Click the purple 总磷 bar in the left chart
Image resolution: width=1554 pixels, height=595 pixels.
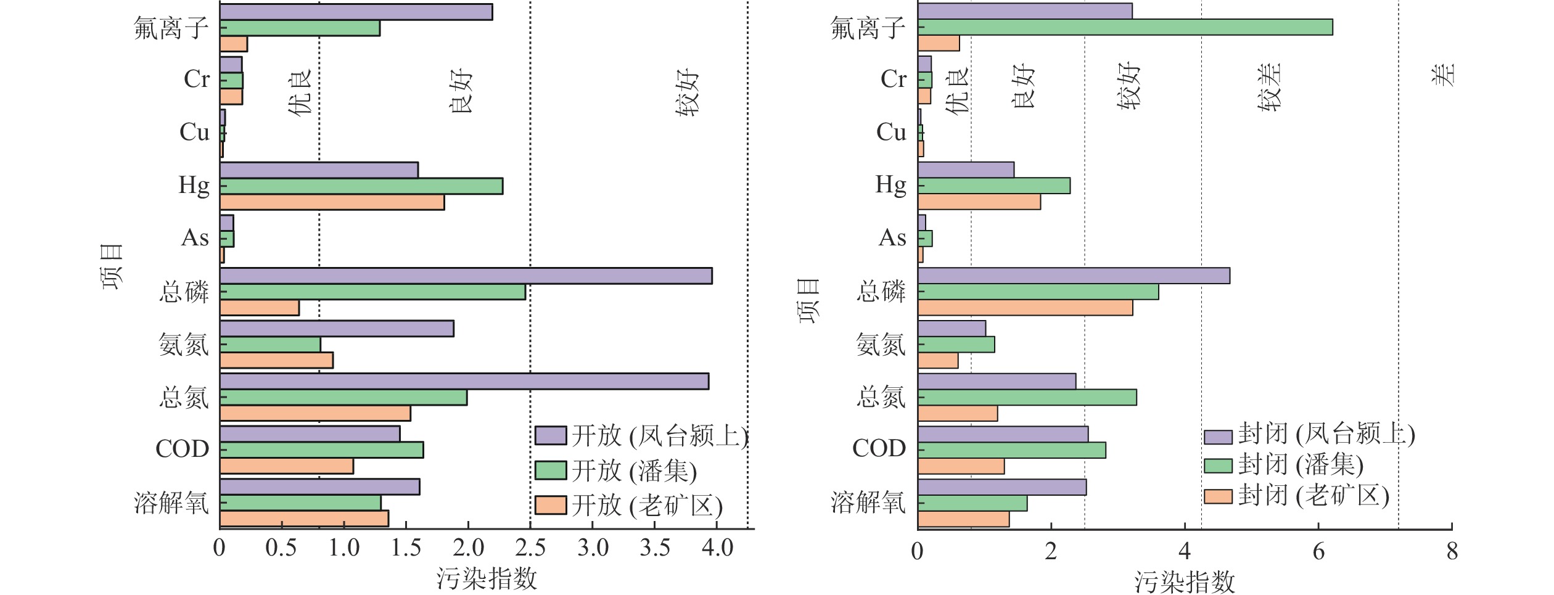click(x=466, y=276)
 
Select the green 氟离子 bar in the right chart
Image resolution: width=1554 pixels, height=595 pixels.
click(x=1125, y=27)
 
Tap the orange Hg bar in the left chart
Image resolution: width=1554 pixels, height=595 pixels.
click(x=332, y=202)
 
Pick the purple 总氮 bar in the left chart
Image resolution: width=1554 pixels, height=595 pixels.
click(x=464, y=381)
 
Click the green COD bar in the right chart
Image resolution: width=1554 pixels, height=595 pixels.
click(x=1011, y=450)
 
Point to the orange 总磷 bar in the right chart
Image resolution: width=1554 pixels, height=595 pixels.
click(x=1025, y=307)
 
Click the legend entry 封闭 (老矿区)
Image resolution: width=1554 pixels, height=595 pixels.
click(x=1313, y=496)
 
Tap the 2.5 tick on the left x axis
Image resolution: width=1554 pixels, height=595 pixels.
click(x=530, y=548)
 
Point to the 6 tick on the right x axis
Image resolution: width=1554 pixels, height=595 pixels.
click(x=1318, y=551)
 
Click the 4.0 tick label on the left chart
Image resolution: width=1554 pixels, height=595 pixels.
click(x=717, y=548)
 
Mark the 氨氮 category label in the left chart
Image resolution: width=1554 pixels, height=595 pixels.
click(x=184, y=345)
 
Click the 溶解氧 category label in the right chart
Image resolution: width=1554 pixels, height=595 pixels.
click(x=868, y=503)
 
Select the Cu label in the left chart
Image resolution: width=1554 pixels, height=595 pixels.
click(x=194, y=132)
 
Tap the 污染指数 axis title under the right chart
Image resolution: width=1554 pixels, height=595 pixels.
click(x=1185, y=581)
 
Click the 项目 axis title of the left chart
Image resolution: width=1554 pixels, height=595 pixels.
click(x=112, y=266)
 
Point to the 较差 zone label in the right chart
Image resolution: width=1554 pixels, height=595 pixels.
click(x=1270, y=87)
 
